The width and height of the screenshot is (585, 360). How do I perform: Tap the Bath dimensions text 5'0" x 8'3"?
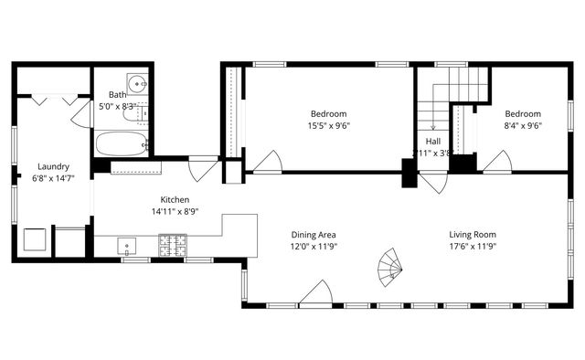point(118,106)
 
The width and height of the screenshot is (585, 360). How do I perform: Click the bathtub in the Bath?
point(121,143)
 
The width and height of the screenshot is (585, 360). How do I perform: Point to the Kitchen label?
point(175,199)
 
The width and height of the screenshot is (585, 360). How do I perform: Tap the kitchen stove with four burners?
point(173,245)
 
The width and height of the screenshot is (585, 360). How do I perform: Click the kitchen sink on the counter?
point(127,245)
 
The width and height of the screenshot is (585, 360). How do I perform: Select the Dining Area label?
point(314,234)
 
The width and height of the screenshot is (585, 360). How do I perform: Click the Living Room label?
point(473,234)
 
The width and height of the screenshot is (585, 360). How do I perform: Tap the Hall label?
point(432,142)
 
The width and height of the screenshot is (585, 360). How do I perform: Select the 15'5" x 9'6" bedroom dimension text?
point(329,126)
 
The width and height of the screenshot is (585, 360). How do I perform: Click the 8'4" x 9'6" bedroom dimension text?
point(523,126)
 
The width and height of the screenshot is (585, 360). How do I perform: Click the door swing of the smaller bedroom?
point(496,163)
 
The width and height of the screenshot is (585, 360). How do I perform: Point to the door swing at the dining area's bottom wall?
point(315,294)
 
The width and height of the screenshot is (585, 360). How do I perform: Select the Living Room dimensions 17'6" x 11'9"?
point(473,246)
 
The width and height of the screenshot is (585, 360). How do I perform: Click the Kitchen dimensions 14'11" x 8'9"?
point(175,211)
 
